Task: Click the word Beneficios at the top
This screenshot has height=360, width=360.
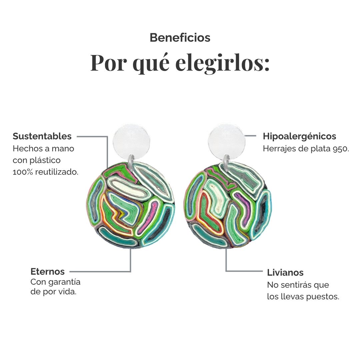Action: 180,38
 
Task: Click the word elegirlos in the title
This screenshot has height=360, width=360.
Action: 222,63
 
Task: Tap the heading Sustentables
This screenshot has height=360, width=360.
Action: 42,136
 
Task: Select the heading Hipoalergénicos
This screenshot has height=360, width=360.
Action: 299,136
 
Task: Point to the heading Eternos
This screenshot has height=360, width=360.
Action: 48,272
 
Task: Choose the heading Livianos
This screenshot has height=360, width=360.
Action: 285,273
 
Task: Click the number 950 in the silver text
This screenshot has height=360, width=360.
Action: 341,149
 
